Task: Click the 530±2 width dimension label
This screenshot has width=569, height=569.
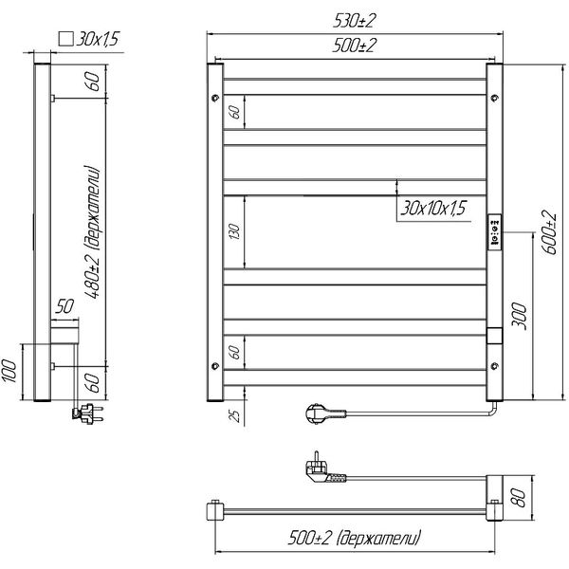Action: pyautogui.click(x=353, y=22)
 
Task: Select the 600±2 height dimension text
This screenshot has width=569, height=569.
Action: pyautogui.click(x=549, y=232)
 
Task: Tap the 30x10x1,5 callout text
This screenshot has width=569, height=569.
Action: pyautogui.click(x=433, y=209)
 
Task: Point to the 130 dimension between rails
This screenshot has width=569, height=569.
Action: pyautogui.click(x=235, y=232)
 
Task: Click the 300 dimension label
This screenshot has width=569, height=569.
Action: pyautogui.click(x=519, y=316)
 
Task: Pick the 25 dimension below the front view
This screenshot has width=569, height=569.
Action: pyautogui.click(x=235, y=416)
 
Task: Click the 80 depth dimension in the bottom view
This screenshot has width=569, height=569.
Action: pyautogui.click(x=519, y=498)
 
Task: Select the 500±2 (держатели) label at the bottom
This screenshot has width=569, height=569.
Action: pyautogui.click(x=355, y=538)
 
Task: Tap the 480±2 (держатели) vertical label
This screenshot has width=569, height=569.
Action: pyautogui.click(x=92, y=232)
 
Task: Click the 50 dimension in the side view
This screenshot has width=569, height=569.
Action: pyautogui.click(x=64, y=306)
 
